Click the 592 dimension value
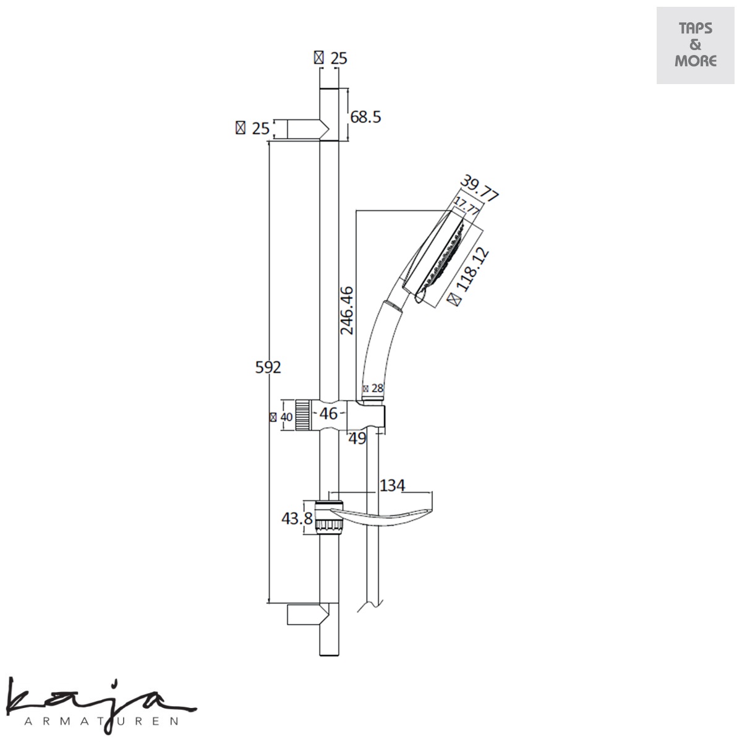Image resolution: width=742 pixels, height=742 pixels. point(268,367)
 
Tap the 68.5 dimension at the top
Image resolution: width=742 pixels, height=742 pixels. point(365,117)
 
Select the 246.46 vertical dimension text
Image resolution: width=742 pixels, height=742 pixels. point(347,310)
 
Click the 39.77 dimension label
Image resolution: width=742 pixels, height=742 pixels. point(479,188)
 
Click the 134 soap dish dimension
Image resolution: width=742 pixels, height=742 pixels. point(392,485)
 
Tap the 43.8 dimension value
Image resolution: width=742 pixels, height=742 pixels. point(297,519)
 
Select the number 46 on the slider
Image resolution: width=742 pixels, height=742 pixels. point(328,414)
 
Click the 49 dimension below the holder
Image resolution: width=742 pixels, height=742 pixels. point(357,438)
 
